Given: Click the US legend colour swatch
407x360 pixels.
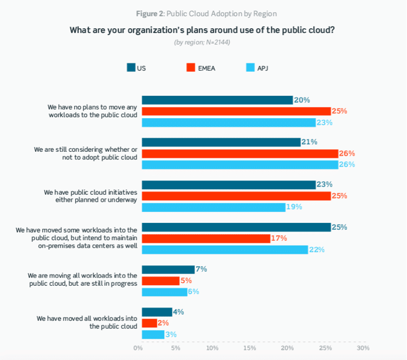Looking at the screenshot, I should point(131,68).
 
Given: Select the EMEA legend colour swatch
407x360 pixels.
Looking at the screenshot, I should point(191,68).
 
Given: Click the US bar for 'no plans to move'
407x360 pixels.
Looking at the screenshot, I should point(217,100).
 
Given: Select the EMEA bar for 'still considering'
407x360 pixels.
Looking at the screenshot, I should point(240,153).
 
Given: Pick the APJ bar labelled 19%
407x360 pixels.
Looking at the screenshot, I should point(214,207).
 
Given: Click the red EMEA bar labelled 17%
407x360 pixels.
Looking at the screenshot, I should point(206,238).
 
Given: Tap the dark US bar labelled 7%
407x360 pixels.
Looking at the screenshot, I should point(168,269).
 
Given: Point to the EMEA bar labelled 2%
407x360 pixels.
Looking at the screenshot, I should point(150,323).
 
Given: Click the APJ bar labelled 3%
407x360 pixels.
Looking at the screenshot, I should point(153,335).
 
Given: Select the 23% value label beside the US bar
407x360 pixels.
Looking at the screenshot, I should point(325,184).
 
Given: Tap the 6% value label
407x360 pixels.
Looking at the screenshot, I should point(193,292).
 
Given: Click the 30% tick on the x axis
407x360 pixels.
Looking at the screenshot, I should point(363,348).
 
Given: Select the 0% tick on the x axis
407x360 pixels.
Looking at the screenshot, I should point(138,348).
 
